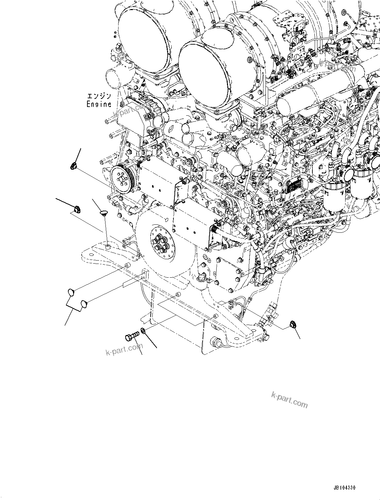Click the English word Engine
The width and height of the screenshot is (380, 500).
point(99,104)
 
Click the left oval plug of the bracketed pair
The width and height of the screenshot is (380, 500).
point(71,292)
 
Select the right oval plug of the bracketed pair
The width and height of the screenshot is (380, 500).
point(83,303)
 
